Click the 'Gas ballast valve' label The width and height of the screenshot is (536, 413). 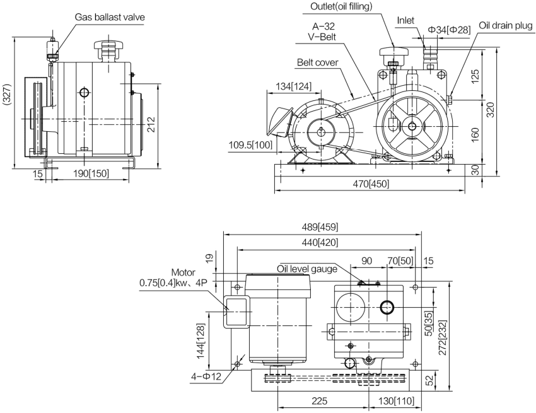[110, 17]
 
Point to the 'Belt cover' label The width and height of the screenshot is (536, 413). [318, 62]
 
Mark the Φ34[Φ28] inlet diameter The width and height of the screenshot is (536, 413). [450, 30]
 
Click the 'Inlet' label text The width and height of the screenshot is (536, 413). [405, 20]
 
